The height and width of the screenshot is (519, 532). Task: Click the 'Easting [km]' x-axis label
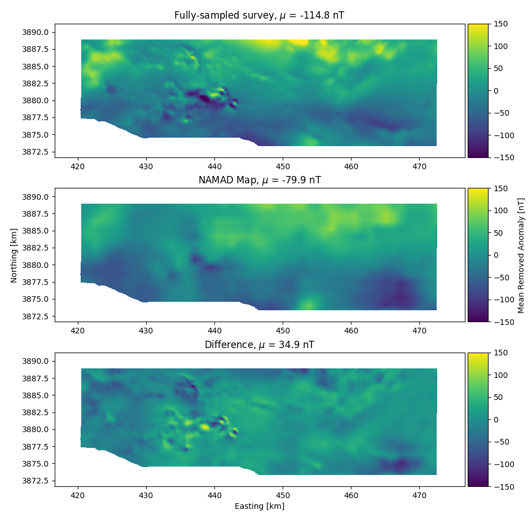coord(260,506)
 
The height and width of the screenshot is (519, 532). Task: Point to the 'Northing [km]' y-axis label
coord(14,255)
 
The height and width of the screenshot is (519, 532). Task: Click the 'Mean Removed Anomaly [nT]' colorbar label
coord(521,255)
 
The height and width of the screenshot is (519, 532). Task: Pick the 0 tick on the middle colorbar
coord(496,255)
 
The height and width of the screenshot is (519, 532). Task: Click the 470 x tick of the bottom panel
coord(419,495)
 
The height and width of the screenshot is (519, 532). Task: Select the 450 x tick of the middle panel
coord(283,331)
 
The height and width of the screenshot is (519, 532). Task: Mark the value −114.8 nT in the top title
coord(319,16)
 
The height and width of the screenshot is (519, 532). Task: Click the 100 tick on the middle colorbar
coord(500,210)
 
